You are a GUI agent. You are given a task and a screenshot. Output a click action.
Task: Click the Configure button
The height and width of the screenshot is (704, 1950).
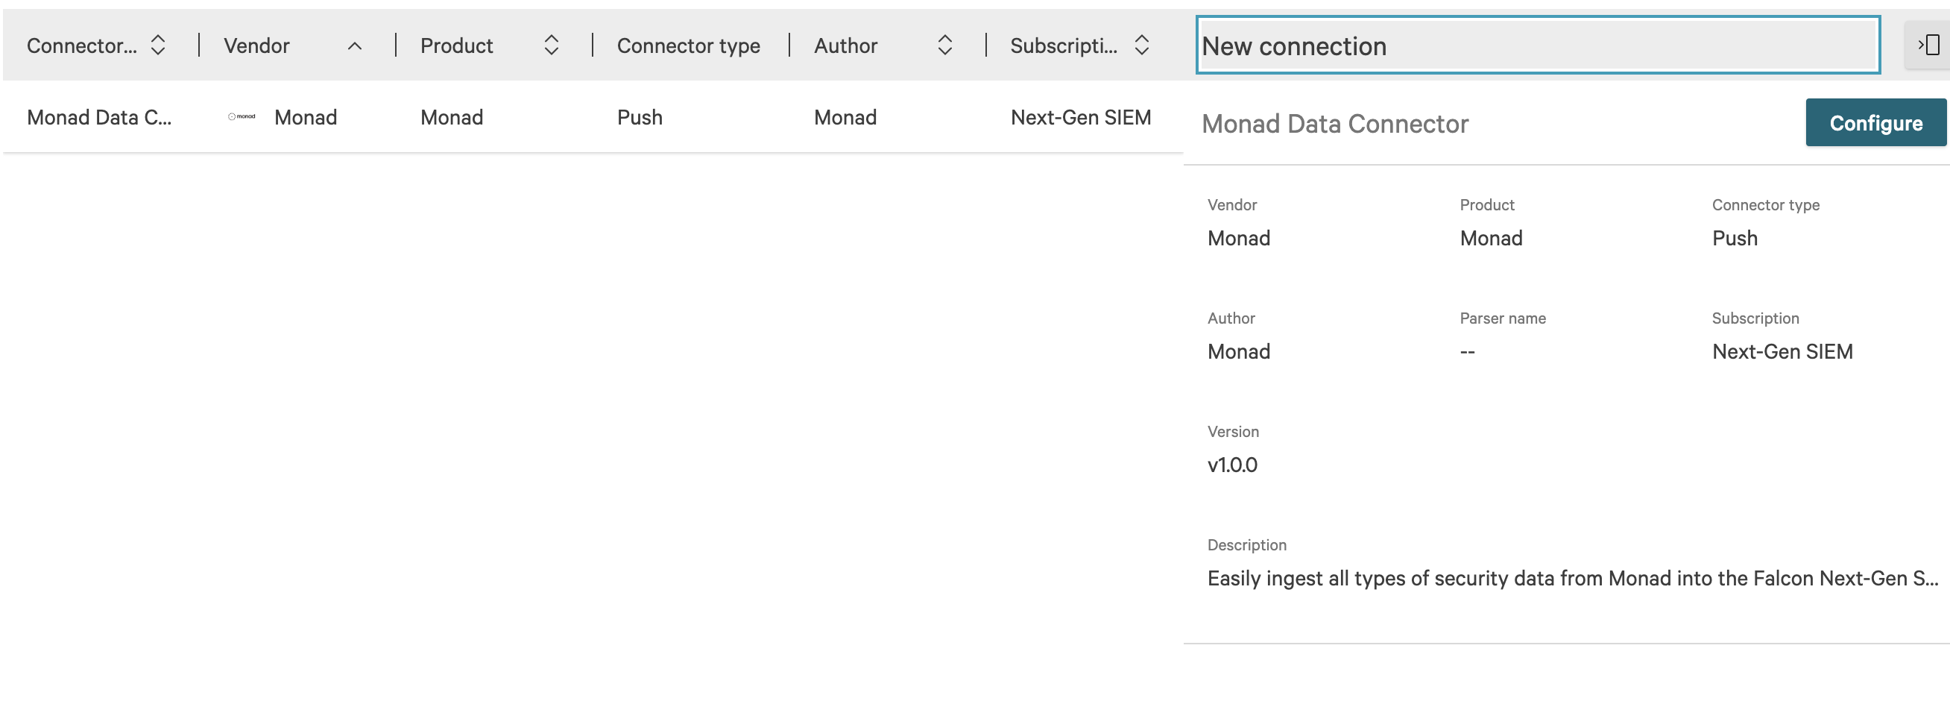pos(1875,122)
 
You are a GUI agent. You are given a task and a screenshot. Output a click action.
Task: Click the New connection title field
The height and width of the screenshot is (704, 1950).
pos(1537,46)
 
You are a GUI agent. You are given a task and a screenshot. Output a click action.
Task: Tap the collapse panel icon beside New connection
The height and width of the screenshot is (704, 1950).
pos(1928,45)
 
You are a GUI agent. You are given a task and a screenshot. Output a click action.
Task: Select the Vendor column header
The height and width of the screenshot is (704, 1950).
pos(256,46)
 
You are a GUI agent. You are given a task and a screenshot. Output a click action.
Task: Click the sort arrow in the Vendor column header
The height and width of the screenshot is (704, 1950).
pos(354,46)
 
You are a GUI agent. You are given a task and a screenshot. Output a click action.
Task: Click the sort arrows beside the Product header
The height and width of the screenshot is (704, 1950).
pos(551,45)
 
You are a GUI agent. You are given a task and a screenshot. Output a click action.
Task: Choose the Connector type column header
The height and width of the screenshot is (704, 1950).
pos(688,46)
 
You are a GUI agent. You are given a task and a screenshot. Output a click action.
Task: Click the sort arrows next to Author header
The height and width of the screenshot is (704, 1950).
pos(944,45)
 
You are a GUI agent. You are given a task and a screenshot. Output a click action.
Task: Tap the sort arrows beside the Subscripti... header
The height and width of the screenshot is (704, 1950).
pos(1141,45)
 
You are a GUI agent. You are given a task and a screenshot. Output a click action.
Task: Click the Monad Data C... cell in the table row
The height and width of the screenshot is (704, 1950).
pos(99,117)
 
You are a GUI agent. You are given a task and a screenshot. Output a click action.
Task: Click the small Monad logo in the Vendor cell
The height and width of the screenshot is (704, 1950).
pos(242,116)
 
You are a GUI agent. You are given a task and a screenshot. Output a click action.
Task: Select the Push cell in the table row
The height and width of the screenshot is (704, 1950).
pos(640,117)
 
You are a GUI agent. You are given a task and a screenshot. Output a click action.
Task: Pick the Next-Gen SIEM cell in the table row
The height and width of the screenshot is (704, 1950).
pos(1080,117)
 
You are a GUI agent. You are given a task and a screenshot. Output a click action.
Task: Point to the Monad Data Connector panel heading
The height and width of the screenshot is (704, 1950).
pos(1334,123)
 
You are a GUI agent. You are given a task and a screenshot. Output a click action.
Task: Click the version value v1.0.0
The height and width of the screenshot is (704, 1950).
pos(1231,465)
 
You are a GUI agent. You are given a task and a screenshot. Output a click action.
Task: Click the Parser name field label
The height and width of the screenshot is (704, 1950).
pos(1502,318)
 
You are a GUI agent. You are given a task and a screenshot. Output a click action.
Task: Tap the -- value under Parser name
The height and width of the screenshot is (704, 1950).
pos(1467,352)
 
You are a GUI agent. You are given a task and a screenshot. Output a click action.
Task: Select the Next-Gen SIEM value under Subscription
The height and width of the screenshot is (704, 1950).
pos(1782,351)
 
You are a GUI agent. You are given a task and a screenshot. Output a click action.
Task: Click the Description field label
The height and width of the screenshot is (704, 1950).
pos(1246,545)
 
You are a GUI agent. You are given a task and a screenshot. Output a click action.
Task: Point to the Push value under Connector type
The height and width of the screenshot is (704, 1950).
pos(1735,239)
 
